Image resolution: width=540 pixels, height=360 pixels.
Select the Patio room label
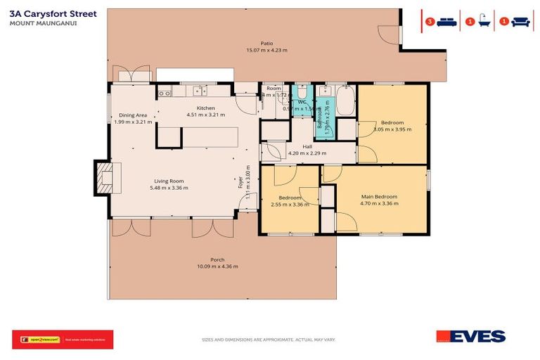tap(266, 43)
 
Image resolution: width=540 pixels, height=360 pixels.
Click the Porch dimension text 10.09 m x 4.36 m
tap(217, 266)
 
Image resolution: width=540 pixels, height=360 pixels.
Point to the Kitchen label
tap(205, 108)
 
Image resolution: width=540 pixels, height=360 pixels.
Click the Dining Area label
tap(132, 115)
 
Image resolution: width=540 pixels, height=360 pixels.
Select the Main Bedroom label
tap(379, 196)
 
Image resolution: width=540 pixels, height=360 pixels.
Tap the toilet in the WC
tap(302, 94)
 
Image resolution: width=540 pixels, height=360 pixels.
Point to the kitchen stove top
tap(165, 91)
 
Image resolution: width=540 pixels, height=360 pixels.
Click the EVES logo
tap(470, 337)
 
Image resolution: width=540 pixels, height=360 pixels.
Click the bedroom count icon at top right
tap(442, 22)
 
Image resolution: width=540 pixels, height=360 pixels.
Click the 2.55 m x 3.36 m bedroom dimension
tap(290, 205)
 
